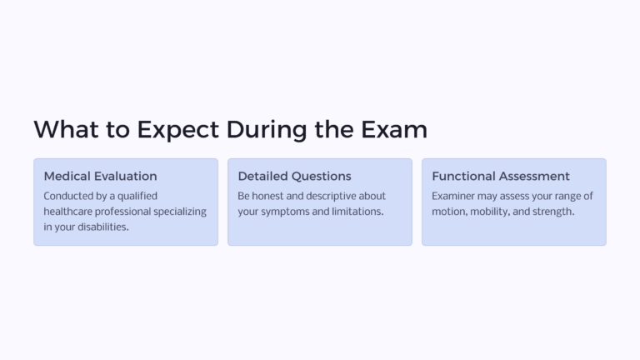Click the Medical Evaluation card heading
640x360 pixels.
[100, 176]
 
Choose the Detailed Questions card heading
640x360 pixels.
[294, 176]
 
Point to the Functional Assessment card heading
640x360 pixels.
[501, 176]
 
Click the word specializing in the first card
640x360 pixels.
[177, 212]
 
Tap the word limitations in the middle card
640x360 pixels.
[353, 212]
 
